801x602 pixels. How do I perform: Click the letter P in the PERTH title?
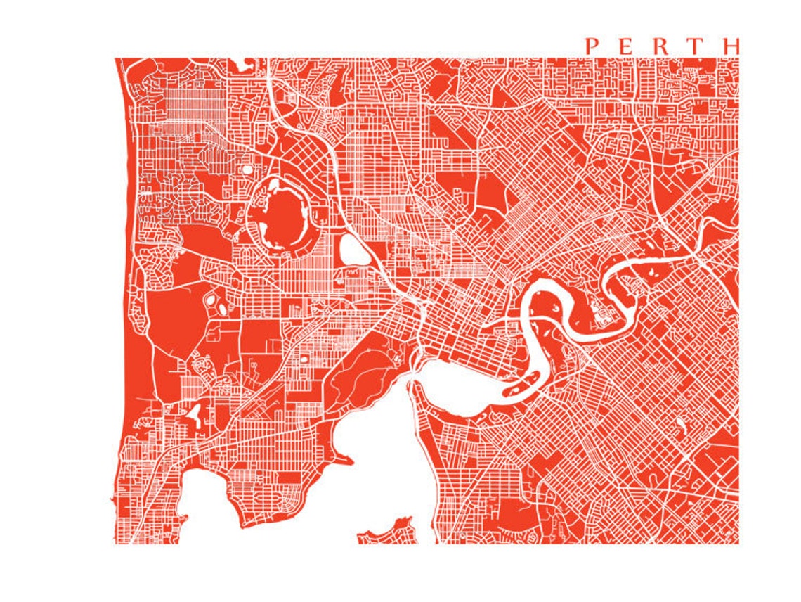click(592, 46)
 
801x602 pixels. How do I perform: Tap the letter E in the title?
click(625, 46)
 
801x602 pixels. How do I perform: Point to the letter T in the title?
click(695, 46)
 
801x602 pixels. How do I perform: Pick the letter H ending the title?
click(730, 46)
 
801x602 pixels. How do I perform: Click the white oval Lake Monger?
click(354, 250)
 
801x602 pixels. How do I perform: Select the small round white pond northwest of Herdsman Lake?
click(247, 169)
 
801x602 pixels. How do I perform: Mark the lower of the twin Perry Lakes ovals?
click(222, 309)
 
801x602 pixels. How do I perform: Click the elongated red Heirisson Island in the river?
click(523, 383)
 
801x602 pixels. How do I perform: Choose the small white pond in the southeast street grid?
click(680, 425)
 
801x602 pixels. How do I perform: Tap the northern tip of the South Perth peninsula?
click(414, 385)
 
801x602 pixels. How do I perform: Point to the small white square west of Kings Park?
click(304, 359)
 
